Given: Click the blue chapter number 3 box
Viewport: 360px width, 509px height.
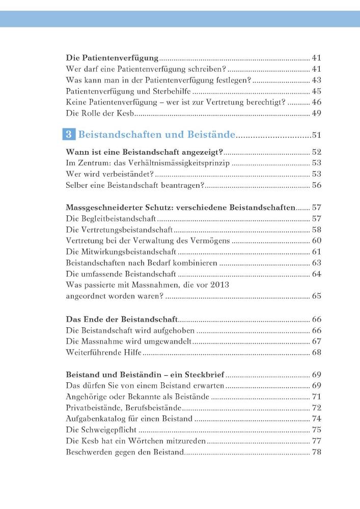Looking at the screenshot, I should (70, 135).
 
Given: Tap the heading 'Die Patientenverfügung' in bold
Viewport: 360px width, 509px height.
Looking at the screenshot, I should (113, 58).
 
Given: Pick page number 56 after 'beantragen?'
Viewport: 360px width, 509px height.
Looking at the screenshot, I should (316, 185).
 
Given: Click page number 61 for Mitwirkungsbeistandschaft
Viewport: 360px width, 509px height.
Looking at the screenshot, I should (316, 252).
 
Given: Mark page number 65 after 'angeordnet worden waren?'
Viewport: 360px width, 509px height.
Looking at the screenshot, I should (316, 296).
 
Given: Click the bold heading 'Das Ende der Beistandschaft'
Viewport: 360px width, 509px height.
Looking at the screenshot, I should (122, 319).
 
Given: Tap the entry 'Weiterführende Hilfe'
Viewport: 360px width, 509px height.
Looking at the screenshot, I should (104, 352).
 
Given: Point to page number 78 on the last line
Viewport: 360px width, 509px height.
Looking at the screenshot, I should (316, 452).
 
